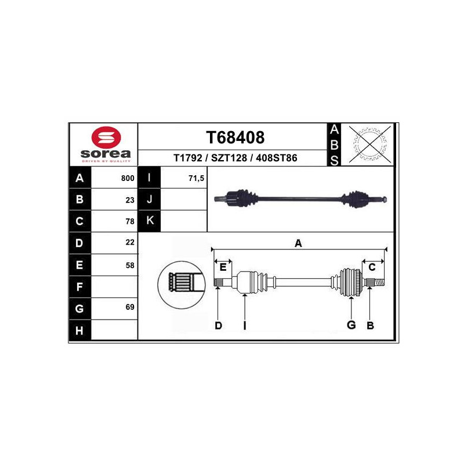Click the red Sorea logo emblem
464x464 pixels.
106,137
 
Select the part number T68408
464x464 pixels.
235,137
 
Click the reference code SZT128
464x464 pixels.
229,158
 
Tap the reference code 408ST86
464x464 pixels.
277,158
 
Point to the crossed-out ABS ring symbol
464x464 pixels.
370,144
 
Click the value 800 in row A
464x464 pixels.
128,178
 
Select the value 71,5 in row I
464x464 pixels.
196,178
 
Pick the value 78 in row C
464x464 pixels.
130,222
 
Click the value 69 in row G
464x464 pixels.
130,307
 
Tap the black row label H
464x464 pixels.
79,330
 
